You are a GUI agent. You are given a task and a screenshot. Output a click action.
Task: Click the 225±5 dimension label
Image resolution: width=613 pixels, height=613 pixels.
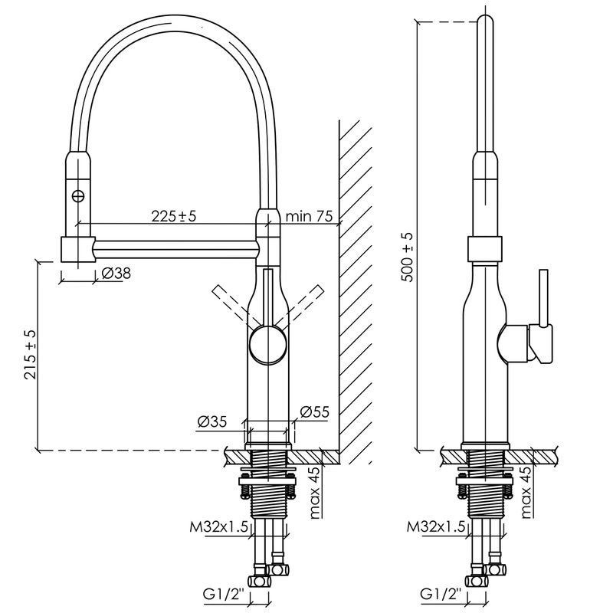174,216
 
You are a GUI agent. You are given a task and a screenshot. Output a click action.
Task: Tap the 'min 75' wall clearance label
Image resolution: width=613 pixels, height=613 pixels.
310,216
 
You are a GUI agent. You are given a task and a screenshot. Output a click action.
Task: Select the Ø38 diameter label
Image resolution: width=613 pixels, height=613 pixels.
116,274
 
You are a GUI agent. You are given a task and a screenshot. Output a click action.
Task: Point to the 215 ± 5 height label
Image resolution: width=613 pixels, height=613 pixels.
30,355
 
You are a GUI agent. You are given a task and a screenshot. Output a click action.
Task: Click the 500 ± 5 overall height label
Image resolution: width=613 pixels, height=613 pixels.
407,257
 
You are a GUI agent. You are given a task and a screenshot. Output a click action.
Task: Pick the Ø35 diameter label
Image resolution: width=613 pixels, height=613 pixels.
212,421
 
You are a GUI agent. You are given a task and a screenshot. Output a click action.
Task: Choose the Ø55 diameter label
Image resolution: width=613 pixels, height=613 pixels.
315,411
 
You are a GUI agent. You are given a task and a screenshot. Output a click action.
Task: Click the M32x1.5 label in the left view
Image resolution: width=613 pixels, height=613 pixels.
219,527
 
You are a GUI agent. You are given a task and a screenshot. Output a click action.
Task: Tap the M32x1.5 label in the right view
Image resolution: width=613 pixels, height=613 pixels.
436,527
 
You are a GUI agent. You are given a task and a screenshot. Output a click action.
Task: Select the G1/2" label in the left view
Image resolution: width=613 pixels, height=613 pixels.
224,595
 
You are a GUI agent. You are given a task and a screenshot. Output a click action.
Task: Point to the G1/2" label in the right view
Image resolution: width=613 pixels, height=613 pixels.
441,595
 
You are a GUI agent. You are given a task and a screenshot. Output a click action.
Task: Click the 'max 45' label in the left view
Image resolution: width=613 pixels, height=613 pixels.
315,493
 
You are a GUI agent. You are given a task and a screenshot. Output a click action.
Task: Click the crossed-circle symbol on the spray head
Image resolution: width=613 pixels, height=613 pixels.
79,195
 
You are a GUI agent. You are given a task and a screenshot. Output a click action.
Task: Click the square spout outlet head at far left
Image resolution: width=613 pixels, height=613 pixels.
78,249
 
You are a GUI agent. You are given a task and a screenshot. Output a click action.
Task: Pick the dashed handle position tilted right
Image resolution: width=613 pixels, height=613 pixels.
303,306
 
